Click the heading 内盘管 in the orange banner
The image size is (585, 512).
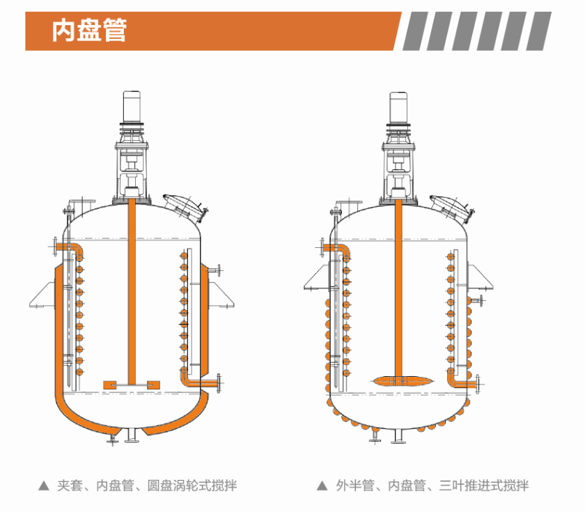pyautogui.click(x=89, y=31)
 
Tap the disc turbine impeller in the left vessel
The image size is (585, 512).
pyautogui.click(x=132, y=384)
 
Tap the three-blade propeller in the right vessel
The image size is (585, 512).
pyautogui.click(x=400, y=380)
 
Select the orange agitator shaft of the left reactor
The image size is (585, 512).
pyautogui.click(x=131, y=293)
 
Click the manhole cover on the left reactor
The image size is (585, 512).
pyautogui.click(x=184, y=204)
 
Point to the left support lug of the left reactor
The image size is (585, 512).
pyautogui.click(x=44, y=295)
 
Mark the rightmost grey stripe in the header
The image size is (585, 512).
pyautogui.click(x=538, y=31)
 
